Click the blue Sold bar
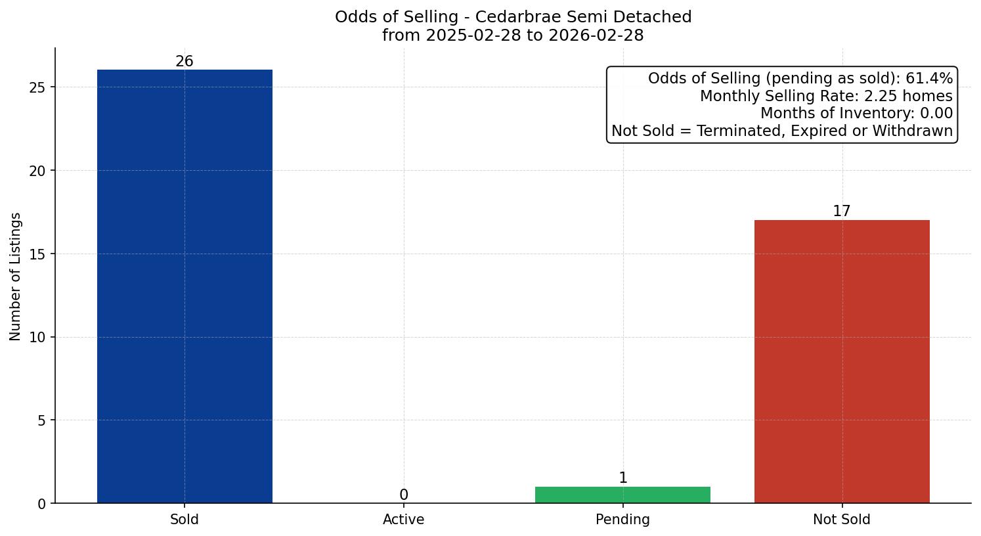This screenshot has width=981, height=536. click(185, 286)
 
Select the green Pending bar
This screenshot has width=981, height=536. click(622, 495)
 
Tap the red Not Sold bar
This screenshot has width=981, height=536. click(842, 361)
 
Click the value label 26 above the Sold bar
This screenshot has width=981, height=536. click(185, 62)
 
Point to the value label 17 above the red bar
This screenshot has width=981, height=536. click(842, 212)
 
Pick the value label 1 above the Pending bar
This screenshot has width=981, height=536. click(623, 478)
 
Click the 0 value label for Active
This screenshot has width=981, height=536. click(404, 495)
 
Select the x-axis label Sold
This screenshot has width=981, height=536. click(185, 520)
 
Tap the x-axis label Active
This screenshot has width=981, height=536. click(404, 520)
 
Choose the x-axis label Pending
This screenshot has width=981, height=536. click(622, 520)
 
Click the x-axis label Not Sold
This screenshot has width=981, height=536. click(842, 520)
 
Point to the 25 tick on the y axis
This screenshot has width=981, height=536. click(38, 87)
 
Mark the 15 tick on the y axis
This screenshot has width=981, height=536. click(38, 254)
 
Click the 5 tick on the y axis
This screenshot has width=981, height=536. click(42, 420)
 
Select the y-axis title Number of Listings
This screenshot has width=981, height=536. click(16, 276)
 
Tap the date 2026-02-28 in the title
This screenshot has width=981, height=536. click(596, 35)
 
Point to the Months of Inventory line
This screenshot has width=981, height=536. click(856, 114)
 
